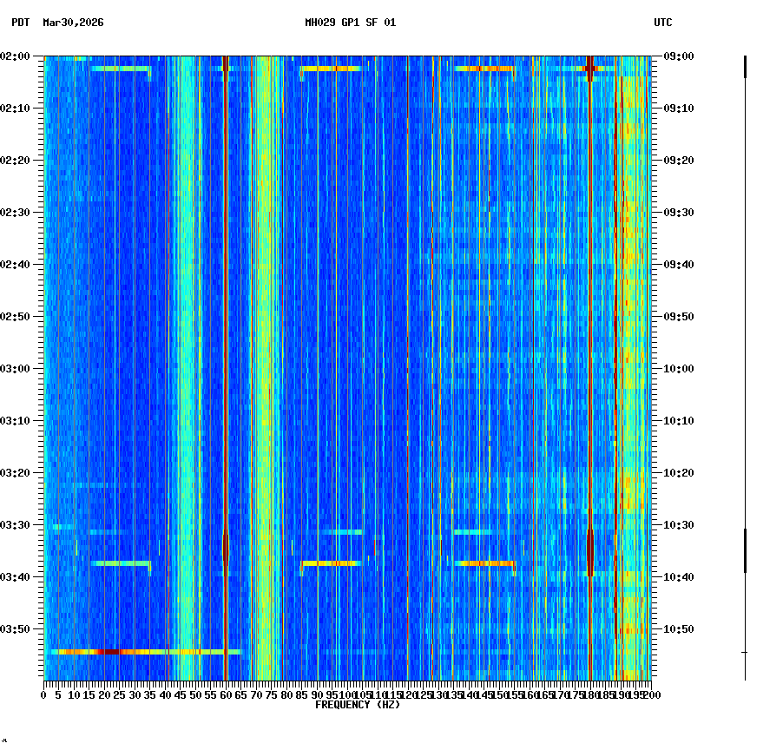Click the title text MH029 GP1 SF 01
point(350,23)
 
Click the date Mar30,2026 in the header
point(73,23)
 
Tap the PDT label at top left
point(20,23)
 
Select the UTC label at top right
point(662,23)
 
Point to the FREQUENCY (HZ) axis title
point(358,705)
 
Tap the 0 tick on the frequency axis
point(44,694)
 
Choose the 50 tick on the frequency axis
point(195,694)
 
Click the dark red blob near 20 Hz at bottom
point(109,651)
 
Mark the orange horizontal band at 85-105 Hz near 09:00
point(330,68)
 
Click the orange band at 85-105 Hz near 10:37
point(331,563)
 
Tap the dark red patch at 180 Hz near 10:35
point(590,551)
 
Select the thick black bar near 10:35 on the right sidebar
point(745,550)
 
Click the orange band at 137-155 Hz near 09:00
point(484,68)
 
